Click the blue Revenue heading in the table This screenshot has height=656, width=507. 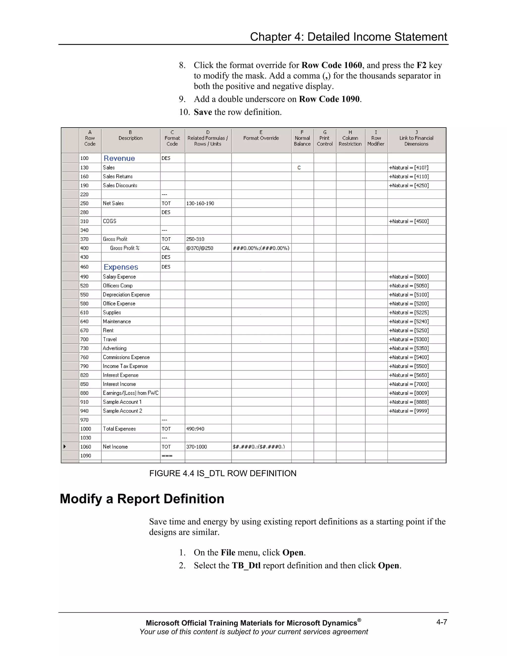coord(119,158)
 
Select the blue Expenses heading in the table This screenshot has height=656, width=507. coord(121,267)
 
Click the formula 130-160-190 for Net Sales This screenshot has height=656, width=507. coord(200,203)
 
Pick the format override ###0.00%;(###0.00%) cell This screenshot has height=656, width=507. coord(261,248)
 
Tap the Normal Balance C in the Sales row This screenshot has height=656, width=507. coord(299,168)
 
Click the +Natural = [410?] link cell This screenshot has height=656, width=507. coord(408,168)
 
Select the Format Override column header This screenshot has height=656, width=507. coord(261,138)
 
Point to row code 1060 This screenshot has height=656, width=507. coord(86,447)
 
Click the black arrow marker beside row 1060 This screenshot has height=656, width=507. coord(65,447)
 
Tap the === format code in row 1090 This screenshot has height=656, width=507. coord(167,456)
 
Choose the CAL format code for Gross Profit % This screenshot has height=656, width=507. coord(166,248)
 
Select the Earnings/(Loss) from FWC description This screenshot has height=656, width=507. coord(131,393)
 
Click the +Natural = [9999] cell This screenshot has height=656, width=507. coord(408,411)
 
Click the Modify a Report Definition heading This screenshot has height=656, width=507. coord(142,499)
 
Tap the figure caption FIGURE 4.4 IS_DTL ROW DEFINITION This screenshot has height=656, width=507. coord(223,474)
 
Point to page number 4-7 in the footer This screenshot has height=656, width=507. coord(442,622)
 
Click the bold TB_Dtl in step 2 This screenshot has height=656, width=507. coord(246,566)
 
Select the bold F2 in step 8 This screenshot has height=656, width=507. coord(421,66)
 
